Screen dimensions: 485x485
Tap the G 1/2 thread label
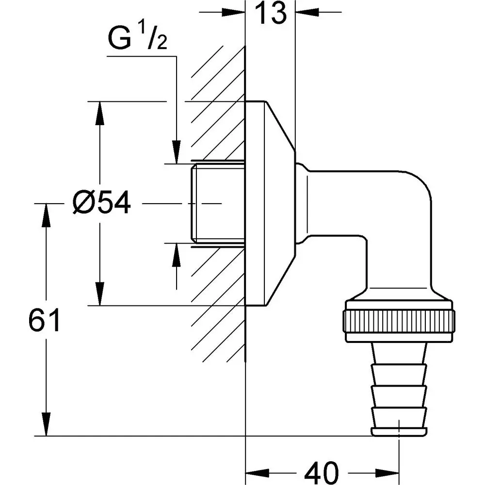[138, 40]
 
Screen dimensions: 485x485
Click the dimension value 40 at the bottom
[322, 470]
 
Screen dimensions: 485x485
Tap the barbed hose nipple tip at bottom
[400, 431]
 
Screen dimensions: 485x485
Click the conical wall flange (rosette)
[269, 204]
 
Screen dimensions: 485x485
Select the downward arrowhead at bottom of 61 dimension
[47, 424]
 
